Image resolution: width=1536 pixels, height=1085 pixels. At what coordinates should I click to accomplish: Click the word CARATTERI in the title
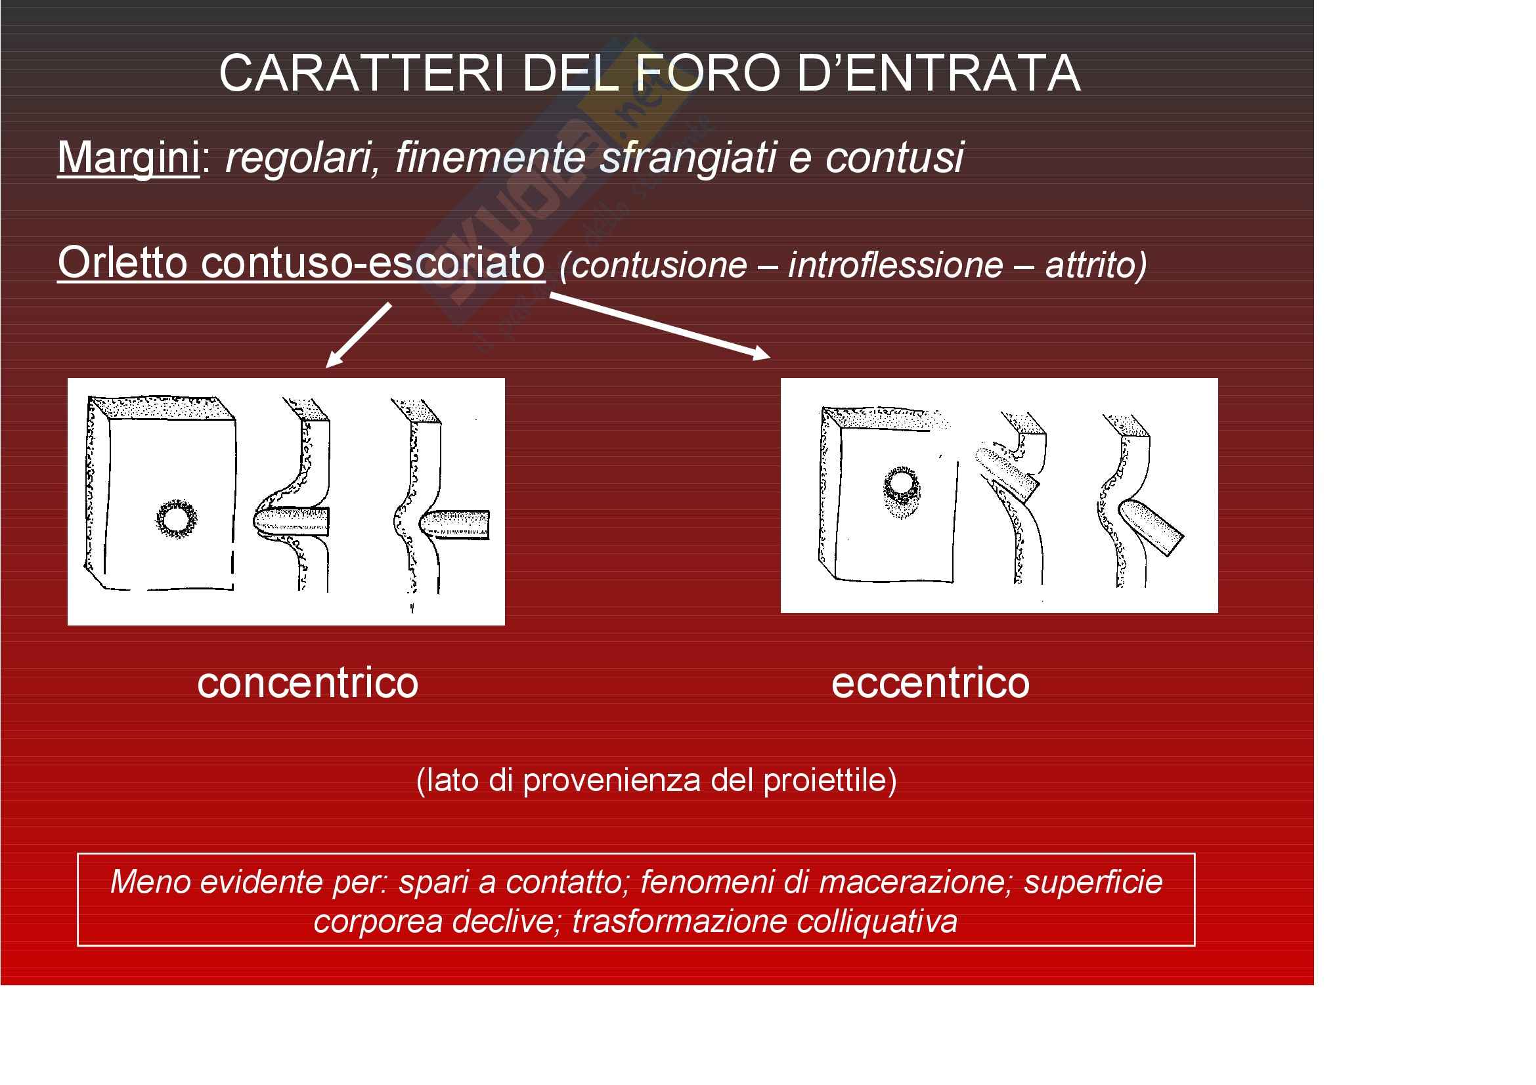(362, 73)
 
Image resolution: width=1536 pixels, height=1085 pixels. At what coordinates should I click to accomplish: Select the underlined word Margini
(129, 158)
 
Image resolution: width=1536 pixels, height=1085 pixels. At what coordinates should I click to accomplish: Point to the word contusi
(894, 158)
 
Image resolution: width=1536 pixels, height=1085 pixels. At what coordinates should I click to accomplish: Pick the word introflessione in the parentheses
(896, 265)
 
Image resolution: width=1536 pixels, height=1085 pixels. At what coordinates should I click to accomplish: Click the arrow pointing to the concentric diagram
(359, 335)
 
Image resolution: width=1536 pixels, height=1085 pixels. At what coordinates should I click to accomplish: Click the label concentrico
(308, 683)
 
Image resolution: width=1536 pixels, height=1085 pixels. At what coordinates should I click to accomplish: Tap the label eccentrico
(931, 683)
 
